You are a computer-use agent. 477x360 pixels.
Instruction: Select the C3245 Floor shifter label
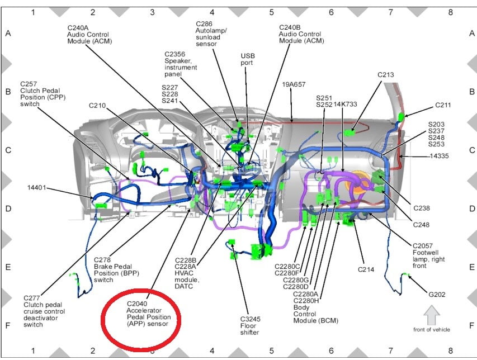tap(249, 319)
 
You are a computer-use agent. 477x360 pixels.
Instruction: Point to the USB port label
tap(247, 56)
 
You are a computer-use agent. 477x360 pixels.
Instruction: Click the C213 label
tap(385, 74)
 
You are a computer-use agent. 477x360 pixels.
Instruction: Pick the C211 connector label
tap(443, 105)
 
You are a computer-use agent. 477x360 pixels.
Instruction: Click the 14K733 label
tap(344, 104)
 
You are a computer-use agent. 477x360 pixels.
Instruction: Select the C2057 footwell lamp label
tap(427, 246)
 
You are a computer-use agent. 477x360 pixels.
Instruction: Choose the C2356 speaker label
tap(181, 54)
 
